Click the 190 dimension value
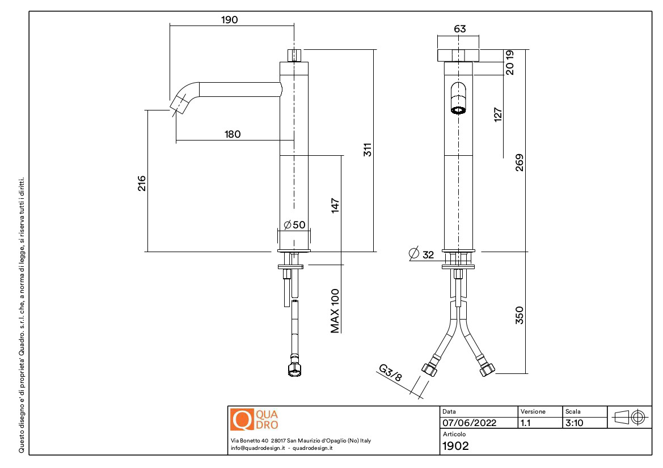pyautogui.click(x=229, y=20)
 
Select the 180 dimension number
pyautogui.click(x=233, y=134)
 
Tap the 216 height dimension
pyautogui.click(x=142, y=183)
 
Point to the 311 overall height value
pyautogui.click(x=367, y=150)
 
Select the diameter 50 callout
pyautogui.click(x=294, y=224)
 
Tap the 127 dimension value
pyautogui.click(x=499, y=115)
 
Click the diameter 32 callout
pyautogui.click(x=421, y=254)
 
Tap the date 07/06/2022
pyautogui.click(x=469, y=423)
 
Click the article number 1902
pyautogui.click(x=455, y=445)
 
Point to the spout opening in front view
pyautogui.click(x=458, y=109)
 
